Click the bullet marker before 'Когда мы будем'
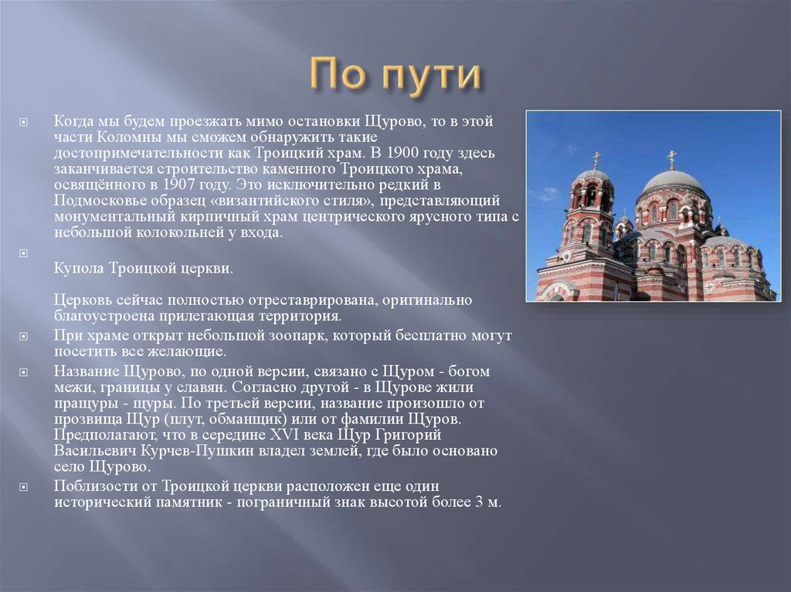[x=24, y=122]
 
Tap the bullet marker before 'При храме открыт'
[x=24, y=337]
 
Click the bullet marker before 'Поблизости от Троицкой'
[x=24, y=486]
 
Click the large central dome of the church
[x=672, y=182]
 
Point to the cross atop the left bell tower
[x=596, y=158]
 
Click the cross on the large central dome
[x=671, y=157]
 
